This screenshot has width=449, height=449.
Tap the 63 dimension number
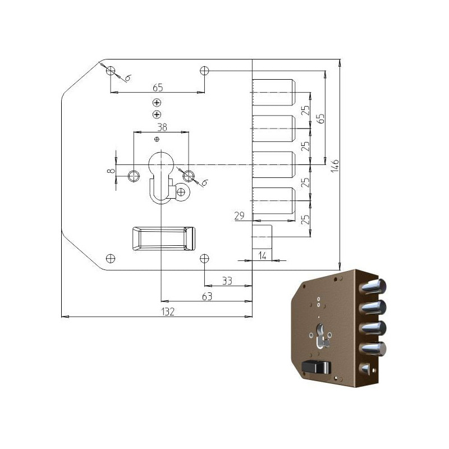pyautogui.click(x=207, y=296)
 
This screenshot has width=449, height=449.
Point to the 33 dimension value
pyautogui.click(x=227, y=281)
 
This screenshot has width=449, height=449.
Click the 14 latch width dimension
pyautogui.click(x=262, y=255)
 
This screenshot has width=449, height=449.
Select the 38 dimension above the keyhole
pyautogui.click(x=161, y=127)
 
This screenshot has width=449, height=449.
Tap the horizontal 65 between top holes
pyautogui.click(x=157, y=87)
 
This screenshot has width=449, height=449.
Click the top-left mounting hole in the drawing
pyautogui.click(x=111, y=71)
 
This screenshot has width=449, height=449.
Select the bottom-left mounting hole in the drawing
pyautogui.click(x=111, y=258)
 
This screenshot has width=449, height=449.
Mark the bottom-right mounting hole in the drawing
pyautogui.click(x=205, y=258)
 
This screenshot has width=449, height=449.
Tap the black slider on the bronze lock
pyautogui.click(x=316, y=367)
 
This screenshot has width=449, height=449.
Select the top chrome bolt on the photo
pyautogui.click(x=373, y=287)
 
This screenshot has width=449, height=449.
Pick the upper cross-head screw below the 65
pyautogui.click(x=157, y=103)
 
